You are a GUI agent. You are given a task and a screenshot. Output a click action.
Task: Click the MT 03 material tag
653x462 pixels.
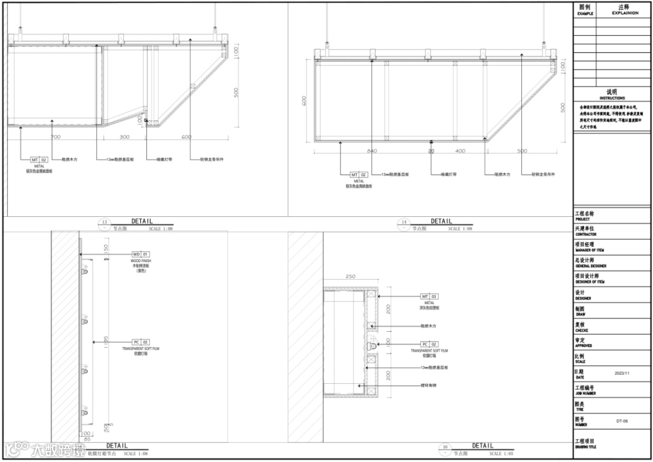coord(429,296)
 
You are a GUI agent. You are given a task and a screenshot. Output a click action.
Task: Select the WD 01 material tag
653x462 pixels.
coord(140,254)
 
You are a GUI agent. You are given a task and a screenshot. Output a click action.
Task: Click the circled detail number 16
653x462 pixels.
coord(446,447)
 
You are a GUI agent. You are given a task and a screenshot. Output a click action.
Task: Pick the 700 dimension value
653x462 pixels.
coord(56,137)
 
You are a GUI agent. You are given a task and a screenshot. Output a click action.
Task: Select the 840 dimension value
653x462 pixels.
coord(372,151)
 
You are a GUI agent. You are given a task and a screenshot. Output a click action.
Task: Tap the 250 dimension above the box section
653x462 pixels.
coord(350,277)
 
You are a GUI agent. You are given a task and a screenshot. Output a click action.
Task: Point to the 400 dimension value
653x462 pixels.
coord(460,151)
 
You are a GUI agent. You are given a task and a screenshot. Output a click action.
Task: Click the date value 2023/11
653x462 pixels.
coord(622,374)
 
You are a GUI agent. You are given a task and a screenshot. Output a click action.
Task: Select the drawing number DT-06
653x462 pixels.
coord(622,421)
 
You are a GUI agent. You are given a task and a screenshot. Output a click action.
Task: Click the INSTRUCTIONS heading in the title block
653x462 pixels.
coord(612,98)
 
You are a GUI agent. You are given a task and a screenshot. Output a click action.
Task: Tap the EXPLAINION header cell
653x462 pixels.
coord(625,13)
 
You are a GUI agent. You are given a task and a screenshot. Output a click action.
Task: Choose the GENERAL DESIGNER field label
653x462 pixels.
coord(591,266)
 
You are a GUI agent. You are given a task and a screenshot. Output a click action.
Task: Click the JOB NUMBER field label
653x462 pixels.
coord(585,393)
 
